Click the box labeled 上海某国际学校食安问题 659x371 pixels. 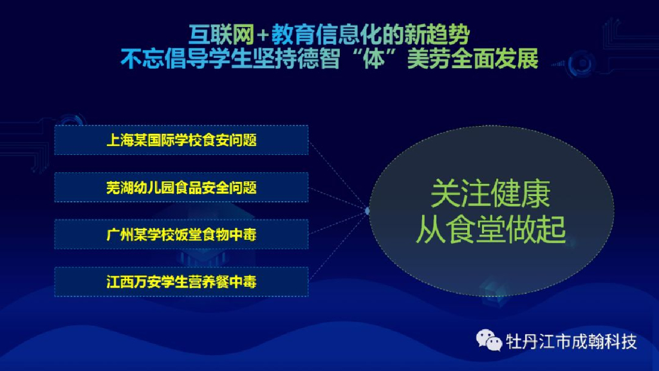pos(181,140)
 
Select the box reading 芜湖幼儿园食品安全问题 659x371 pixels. pos(181,187)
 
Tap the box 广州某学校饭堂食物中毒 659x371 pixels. pos(181,234)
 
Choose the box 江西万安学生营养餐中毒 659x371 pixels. pos(181,282)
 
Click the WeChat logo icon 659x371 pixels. pos(489,340)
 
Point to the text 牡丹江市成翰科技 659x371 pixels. pos(571,341)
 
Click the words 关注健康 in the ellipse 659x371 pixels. pos(490,194)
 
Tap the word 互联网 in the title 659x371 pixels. pos(221,35)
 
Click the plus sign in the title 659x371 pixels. pos(263,35)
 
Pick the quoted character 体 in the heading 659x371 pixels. pos(373,59)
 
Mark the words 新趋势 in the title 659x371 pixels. pos(437,35)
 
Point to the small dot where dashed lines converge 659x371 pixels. pos(367,211)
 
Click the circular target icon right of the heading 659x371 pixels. pos(582,64)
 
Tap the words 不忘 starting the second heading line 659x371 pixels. pos(142,59)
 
